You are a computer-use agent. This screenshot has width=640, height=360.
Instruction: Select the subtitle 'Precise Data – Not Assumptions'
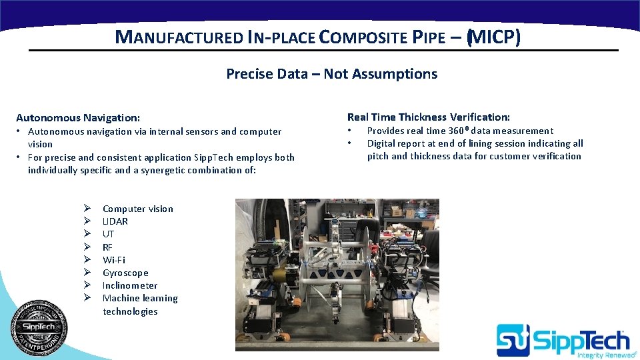[331, 74]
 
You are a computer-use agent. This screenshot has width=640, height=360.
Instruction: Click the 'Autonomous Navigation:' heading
[78, 117]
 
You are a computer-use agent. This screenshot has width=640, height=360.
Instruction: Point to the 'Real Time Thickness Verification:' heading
[428, 117]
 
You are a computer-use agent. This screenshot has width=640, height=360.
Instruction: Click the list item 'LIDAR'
[115, 221]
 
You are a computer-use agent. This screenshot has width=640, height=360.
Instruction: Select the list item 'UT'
[108, 234]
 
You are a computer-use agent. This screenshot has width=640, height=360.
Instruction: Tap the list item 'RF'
[107, 247]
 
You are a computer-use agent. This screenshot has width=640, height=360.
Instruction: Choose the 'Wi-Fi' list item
[113, 260]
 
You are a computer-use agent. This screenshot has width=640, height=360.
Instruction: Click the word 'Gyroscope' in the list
[125, 273]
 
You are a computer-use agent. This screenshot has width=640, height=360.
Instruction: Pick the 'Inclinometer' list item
[130, 285]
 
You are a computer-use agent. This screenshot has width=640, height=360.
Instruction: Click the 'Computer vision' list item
[137, 209]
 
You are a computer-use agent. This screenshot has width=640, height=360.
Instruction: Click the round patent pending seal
[39, 328]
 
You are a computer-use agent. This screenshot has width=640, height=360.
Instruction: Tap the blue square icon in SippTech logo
[513, 339]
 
